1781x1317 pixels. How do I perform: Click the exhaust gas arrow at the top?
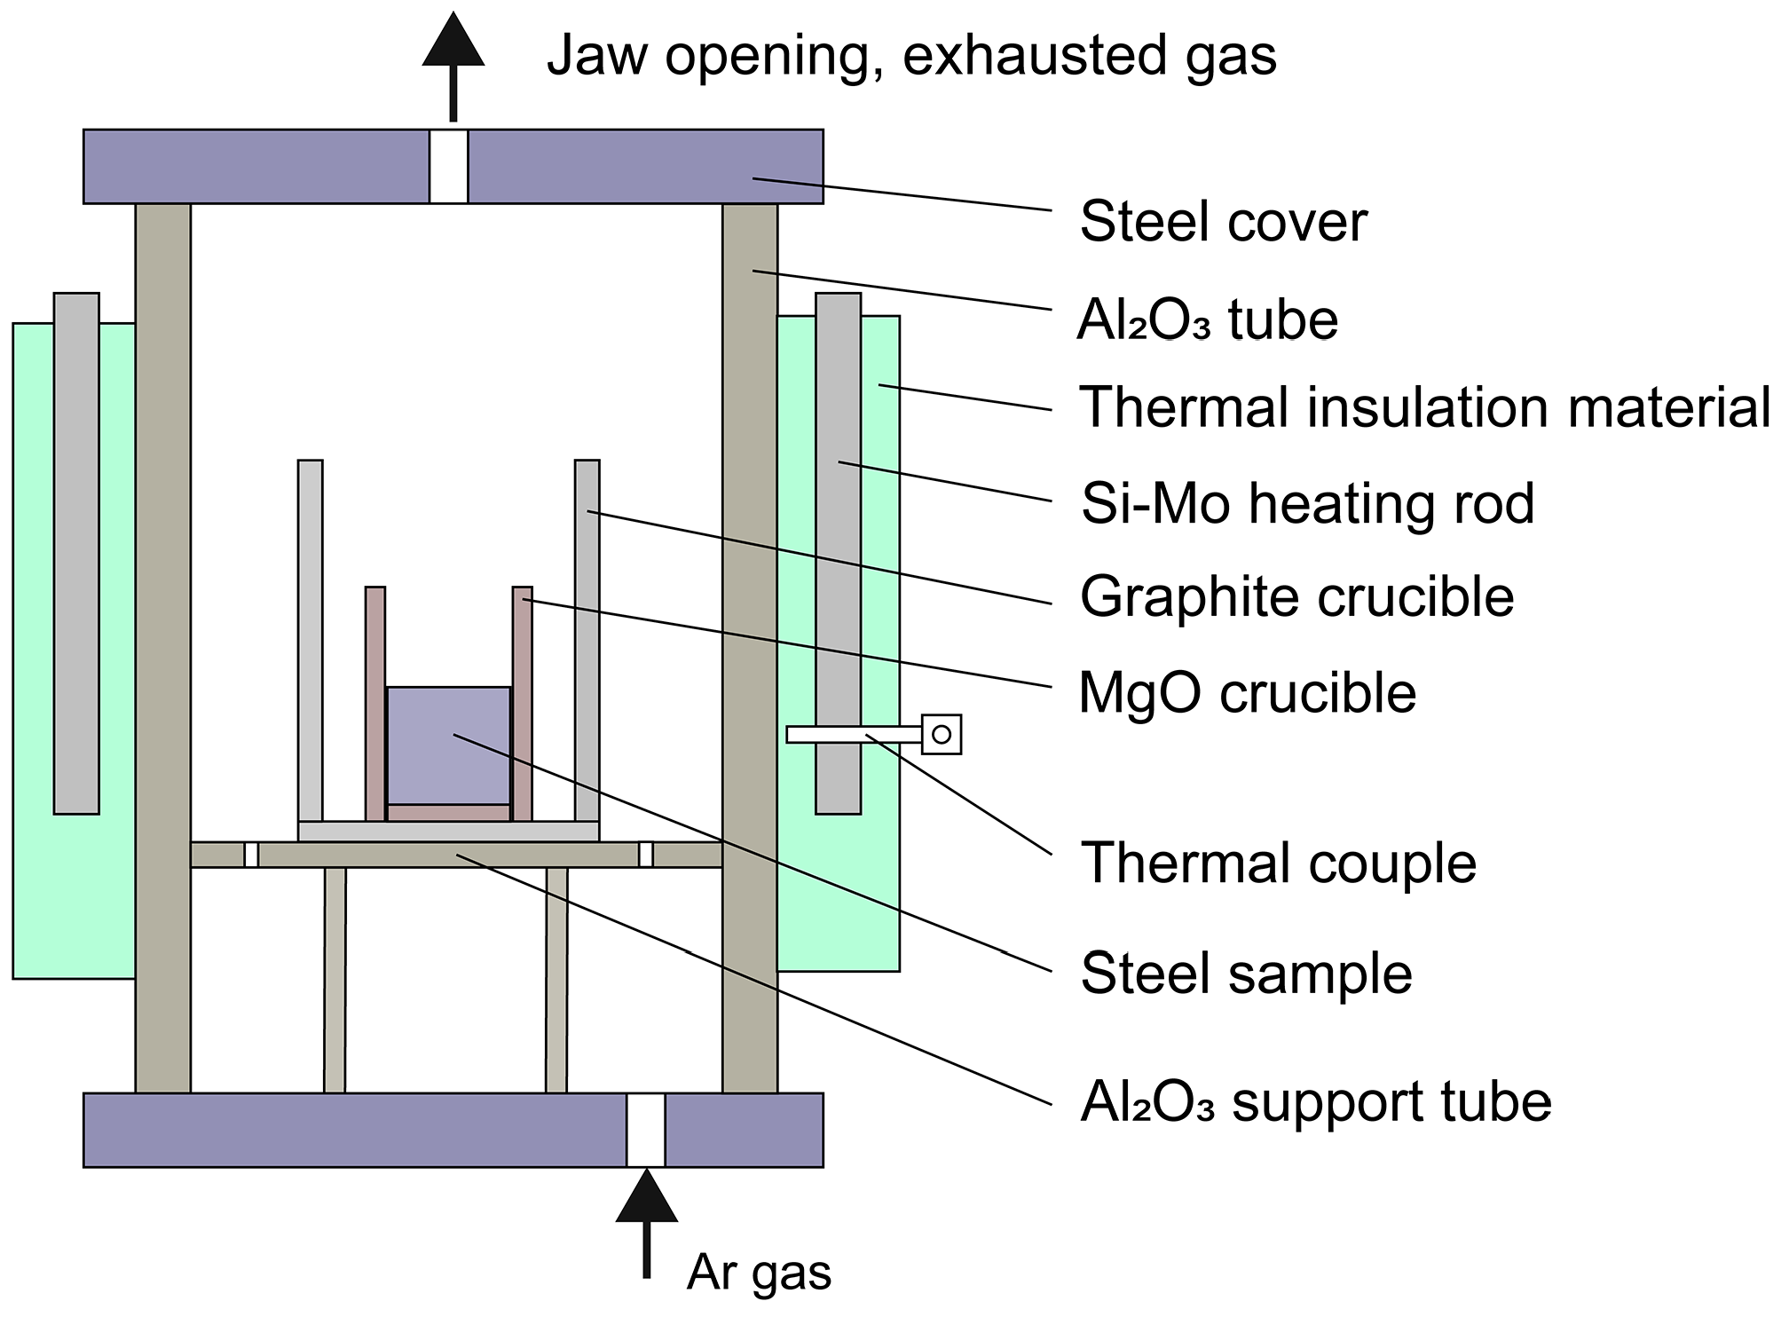pos(453,62)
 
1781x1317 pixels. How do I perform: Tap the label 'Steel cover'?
pos(1223,222)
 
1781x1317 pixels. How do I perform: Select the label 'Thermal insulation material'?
pos(1423,408)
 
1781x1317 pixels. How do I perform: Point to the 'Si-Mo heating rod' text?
pos(1307,504)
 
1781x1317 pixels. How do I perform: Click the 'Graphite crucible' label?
pos(1296,596)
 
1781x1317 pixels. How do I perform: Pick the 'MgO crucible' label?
pos(1247,693)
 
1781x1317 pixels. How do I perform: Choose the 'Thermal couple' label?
pos(1278,863)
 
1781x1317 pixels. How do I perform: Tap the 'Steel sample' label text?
pos(1246,974)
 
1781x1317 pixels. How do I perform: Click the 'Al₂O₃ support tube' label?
pos(1315,1103)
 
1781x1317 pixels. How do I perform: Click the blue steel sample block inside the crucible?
pos(449,745)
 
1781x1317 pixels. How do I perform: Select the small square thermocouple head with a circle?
pos(942,734)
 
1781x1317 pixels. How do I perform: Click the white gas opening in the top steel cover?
pos(449,167)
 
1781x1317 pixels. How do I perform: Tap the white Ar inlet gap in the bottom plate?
pos(646,1130)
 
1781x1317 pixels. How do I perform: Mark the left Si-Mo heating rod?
pos(76,553)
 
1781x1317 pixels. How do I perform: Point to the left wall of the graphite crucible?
pos(311,639)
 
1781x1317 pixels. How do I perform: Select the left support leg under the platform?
pos(335,980)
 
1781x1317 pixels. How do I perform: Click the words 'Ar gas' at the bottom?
pos(759,1272)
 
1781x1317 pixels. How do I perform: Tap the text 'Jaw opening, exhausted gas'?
pos(911,55)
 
